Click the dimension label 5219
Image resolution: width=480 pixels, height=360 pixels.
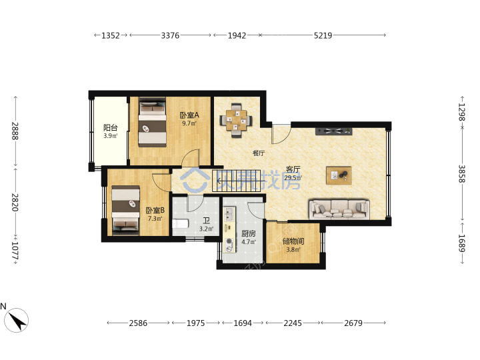(x=323, y=35)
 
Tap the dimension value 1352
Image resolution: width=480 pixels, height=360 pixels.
(x=111, y=35)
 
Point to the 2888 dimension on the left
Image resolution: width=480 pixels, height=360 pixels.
(x=15, y=131)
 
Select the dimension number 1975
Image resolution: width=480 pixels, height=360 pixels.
(x=196, y=323)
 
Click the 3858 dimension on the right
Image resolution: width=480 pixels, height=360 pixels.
(x=461, y=174)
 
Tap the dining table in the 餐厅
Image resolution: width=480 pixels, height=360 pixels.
(x=236, y=121)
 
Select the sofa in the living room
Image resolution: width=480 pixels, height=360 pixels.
(x=339, y=209)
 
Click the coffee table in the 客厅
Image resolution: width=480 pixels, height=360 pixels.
(x=339, y=175)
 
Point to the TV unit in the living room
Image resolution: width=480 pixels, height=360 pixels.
(x=334, y=131)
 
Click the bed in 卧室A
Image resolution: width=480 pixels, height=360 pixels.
(x=153, y=122)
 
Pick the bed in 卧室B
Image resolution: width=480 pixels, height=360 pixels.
(x=125, y=210)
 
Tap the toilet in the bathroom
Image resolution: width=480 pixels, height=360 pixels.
(x=180, y=224)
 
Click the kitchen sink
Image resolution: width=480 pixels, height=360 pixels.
(x=229, y=214)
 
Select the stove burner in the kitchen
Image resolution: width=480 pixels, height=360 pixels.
(x=229, y=241)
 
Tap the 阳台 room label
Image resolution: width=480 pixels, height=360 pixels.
(x=111, y=128)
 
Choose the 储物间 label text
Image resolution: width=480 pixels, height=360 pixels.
(x=293, y=241)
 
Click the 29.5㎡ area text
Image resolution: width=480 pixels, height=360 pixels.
(x=293, y=178)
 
